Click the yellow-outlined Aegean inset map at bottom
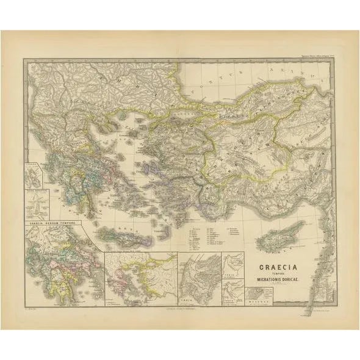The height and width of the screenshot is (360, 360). [x=140, y=275]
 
